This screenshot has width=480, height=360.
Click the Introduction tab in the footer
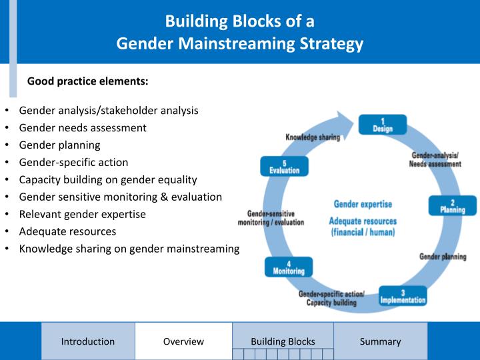[x=88, y=341]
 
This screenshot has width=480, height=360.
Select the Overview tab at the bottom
[x=183, y=341]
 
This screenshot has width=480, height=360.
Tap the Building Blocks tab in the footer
[x=283, y=341]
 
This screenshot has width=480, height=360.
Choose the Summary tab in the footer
[x=380, y=341]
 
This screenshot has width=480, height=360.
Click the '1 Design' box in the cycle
[x=383, y=125]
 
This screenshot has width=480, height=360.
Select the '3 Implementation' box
[x=403, y=295]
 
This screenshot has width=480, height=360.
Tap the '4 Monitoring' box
[x=289, y=267]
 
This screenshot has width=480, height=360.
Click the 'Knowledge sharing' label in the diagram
[x=313, y=137]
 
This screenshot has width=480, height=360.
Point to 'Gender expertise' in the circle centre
[x=363, y=204]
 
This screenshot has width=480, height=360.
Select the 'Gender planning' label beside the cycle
[x=443, y=257]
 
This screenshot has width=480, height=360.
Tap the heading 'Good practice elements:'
[x=87, y=82]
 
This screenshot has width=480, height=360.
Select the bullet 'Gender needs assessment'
[x=83, y=127]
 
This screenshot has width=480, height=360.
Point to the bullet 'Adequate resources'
[x=67, y=231]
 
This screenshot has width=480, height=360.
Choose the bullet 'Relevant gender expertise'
[x=83, y=214]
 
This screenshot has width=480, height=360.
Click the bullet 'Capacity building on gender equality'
[x=108, y=179]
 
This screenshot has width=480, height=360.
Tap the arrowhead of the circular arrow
[x=347, y=124]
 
